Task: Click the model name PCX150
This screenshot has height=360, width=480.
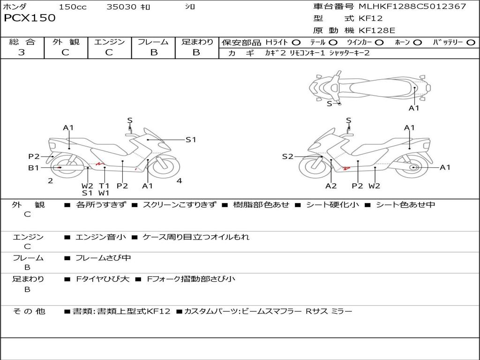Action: point(30,18)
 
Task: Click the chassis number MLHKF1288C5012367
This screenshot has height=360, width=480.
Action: point(412,7)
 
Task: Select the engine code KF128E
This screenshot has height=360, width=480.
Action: point(377,31)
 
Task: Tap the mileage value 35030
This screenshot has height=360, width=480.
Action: point(121,7)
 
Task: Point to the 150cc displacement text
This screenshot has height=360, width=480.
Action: point(73,7)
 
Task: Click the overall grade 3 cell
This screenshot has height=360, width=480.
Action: point(22,52)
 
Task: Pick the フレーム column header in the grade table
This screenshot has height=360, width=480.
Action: point(153,42)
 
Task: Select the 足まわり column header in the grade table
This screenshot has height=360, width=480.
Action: point(197,42)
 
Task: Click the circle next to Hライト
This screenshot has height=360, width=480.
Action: point(296,43)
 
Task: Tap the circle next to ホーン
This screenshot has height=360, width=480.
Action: point(417,43)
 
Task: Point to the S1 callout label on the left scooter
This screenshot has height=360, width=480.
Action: point(191,139)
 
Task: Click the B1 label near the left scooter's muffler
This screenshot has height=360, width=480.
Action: point(33,167)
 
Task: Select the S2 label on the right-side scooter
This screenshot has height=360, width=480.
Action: point(287,157)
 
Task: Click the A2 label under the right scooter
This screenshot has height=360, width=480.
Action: point(331,186)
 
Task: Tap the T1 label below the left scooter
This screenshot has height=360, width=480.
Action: point(104,186)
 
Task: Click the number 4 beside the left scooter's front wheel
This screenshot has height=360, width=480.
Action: point(179,181)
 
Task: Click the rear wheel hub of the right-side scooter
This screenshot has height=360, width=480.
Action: point(414,167)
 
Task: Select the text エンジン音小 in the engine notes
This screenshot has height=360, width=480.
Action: point(101,237)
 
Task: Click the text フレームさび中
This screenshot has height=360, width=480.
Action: point(103,258)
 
